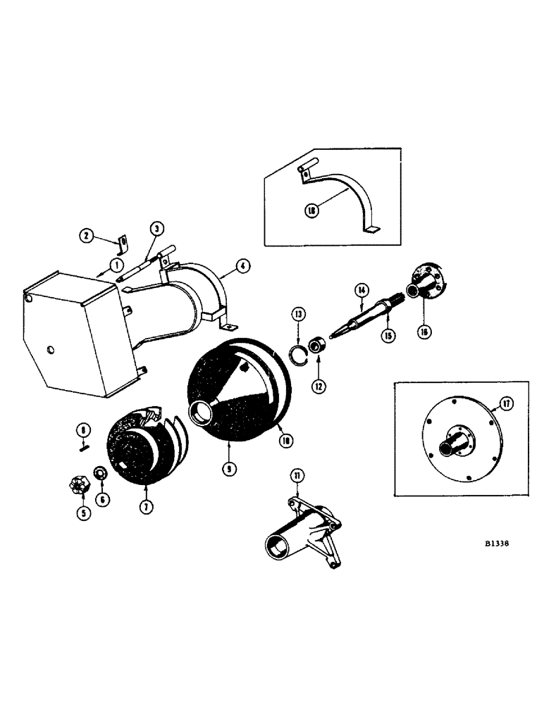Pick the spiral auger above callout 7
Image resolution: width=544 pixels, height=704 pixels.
click(x=144, y=447)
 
